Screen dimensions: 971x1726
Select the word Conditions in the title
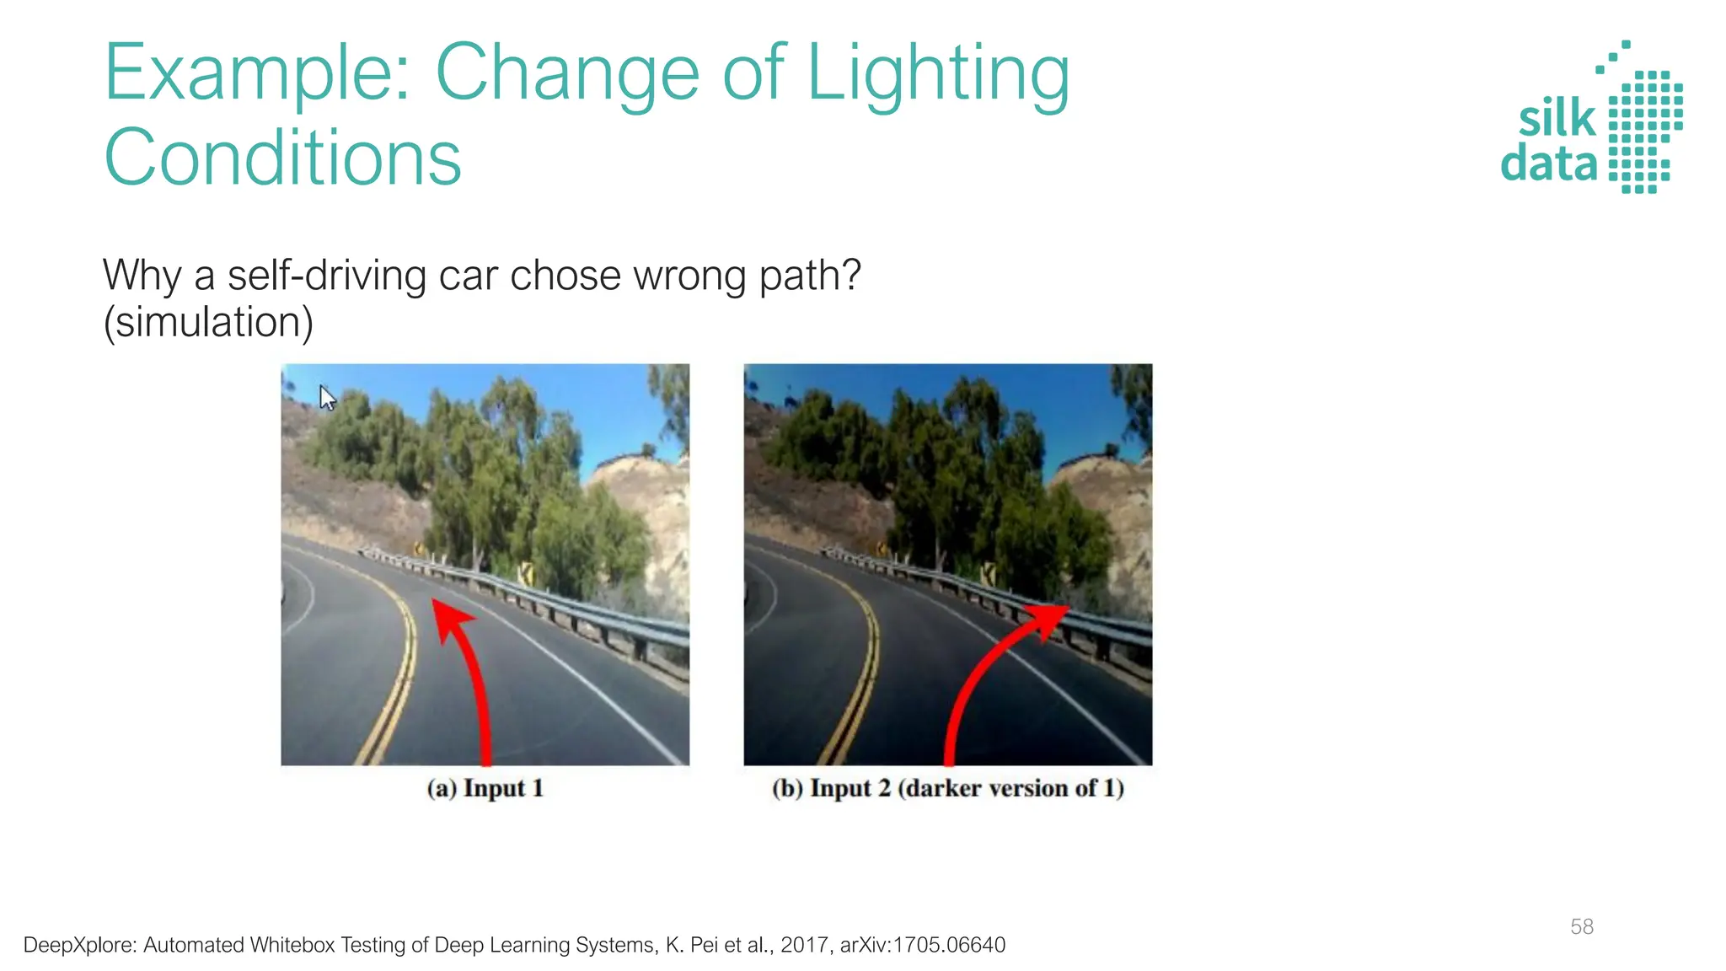point(282,158)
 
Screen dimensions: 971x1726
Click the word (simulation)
point(208,322)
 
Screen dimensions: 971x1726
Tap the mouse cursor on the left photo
point(327,397)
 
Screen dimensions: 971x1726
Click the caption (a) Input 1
point(485,788)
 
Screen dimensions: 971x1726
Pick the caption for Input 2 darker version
point(947,788)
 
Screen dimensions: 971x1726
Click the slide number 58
point(1581,926)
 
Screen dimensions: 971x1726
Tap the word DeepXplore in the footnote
point(76,945)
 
